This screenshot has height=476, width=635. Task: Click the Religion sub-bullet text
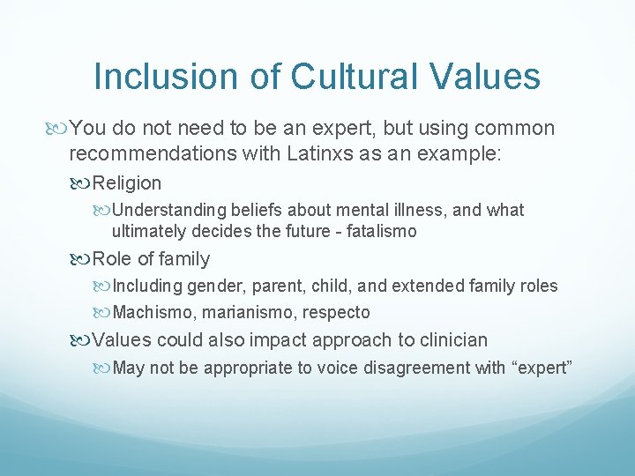(x=126, y=183)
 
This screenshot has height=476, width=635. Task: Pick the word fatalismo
(x=380, y=232)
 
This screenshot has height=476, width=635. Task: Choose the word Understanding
(x=170, y=210)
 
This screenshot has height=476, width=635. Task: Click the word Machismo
(x=152, y=312)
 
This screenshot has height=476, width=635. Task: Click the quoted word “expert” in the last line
(x=542, y=368)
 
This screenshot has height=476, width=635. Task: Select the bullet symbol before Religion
(x=81, y=183)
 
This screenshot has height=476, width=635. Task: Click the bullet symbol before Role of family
(x=81, y=259)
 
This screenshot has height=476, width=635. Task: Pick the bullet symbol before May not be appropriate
(x=103, y=368)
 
